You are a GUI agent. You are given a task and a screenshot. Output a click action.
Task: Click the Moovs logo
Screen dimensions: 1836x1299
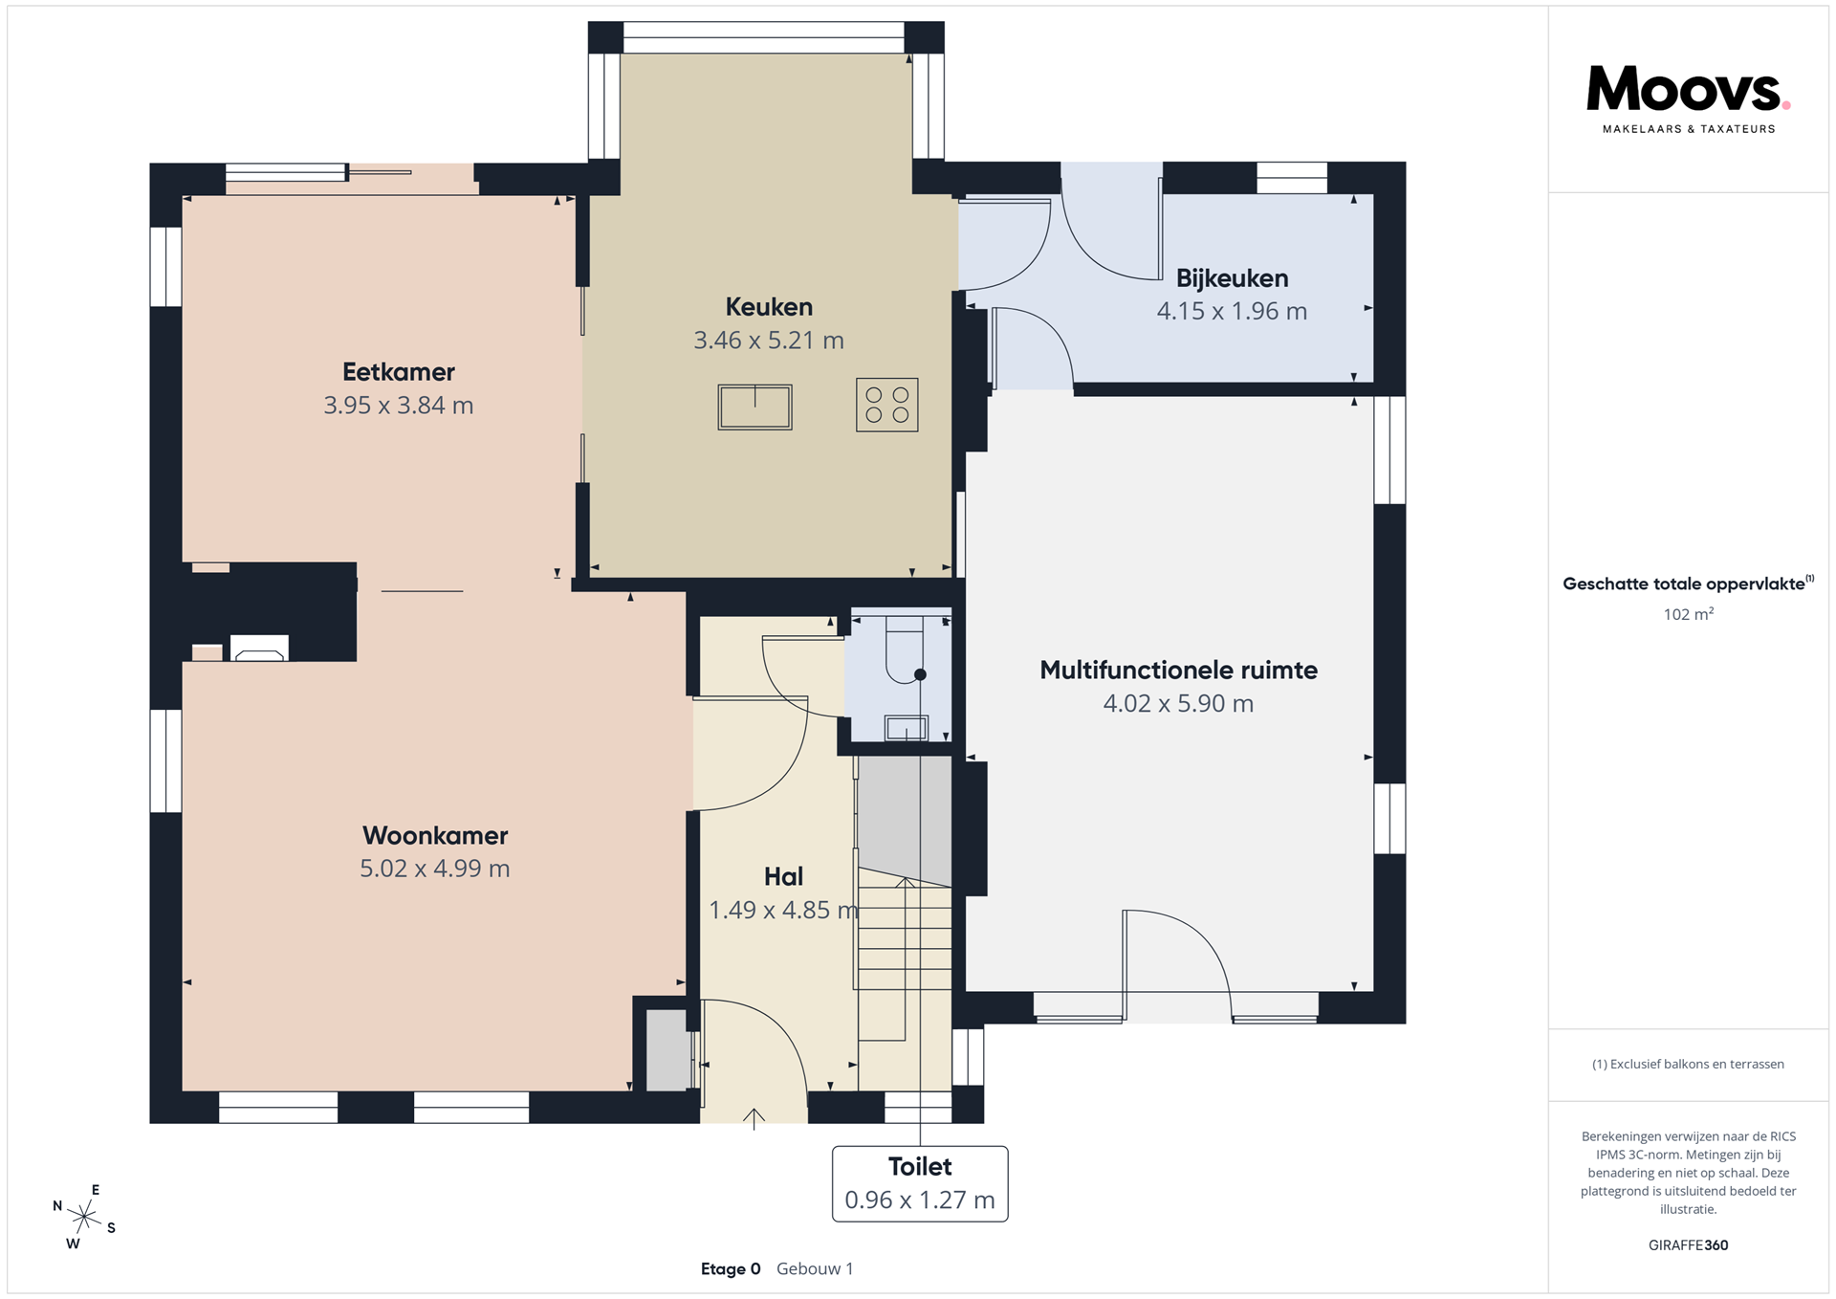(1688, 99)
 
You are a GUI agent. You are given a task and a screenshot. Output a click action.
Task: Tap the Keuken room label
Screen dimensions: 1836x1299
(769, 307)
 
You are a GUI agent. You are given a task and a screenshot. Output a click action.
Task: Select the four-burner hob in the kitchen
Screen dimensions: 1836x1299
(887, 405)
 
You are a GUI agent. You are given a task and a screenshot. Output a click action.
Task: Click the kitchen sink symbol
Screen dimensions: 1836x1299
(754, 407)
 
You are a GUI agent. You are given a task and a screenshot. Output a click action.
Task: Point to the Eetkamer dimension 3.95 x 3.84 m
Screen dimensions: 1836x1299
(399, 406)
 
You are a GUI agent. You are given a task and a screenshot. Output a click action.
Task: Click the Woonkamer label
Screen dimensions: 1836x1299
(435, 835)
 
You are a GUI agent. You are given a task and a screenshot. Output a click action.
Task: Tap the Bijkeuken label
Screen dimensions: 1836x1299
(1232, 278)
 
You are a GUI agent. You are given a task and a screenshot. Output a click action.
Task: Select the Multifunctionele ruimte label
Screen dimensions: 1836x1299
(1178, 670)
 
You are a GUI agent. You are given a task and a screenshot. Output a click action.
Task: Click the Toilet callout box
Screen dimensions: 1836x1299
(920, 1183)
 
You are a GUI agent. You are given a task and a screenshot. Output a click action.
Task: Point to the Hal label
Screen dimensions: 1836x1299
(783, 876)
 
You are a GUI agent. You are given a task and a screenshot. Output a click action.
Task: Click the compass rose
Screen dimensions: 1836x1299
(84, 1217)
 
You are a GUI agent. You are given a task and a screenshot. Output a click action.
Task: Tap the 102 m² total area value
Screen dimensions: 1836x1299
(1689, 614)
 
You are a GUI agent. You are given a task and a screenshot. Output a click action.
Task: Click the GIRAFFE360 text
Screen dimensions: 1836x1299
(1689, 1245)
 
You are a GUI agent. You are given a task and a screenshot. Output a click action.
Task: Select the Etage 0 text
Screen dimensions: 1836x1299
(731, 1269)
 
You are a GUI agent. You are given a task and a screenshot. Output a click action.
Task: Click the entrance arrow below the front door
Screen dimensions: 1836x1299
(754, 1118)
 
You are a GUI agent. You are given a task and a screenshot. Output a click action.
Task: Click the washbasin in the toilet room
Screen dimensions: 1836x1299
(906, 728)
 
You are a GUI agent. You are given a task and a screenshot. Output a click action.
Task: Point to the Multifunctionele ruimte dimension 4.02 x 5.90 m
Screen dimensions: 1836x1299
(1178, 704)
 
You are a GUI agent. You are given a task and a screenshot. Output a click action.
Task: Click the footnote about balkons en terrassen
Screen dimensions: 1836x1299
(1688, 1064)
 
